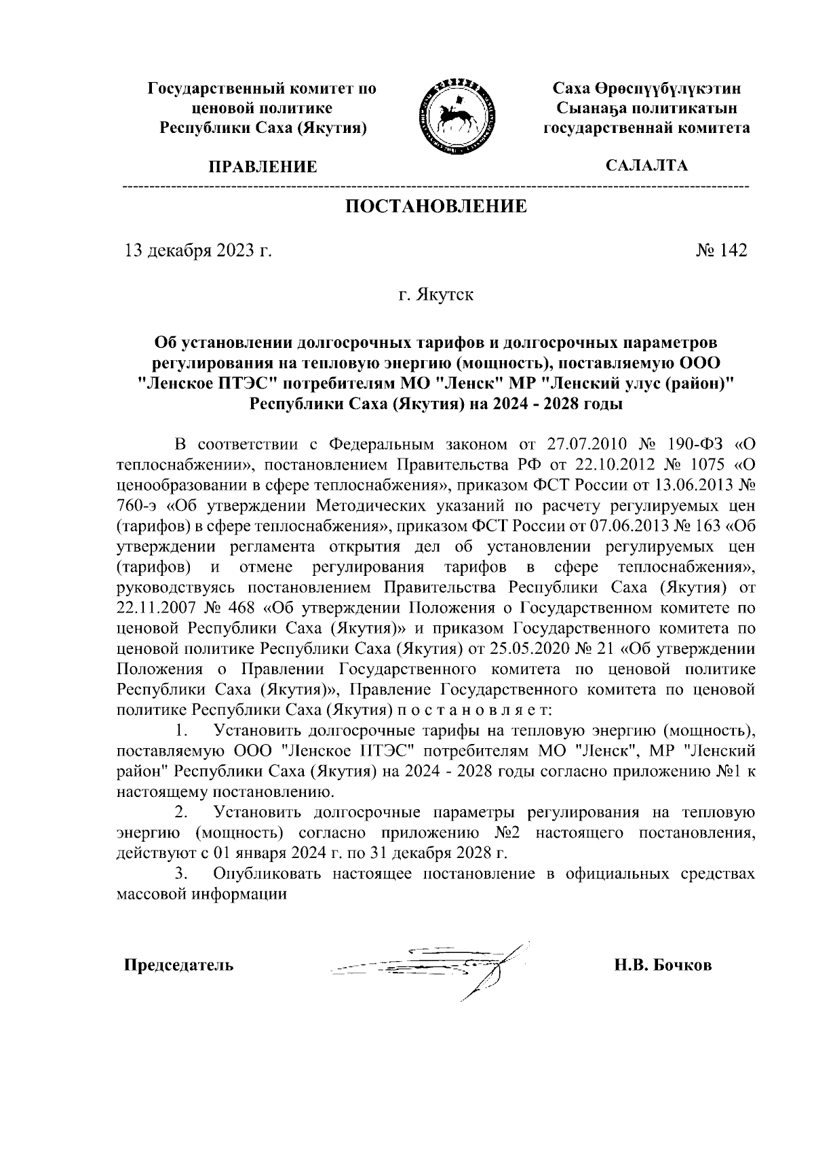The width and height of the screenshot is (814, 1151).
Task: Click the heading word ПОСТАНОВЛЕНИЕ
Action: click(x=436, y=206)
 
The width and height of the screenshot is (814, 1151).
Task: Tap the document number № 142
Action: click(x=721, y=251)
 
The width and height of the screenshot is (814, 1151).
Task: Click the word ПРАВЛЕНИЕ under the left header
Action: click(x=263, y=166)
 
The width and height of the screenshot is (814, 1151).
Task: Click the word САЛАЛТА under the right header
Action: click(x=646, y=165)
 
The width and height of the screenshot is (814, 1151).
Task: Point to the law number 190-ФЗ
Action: click(x=694, y=444)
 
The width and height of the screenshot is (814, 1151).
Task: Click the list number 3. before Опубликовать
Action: click(x=180, y=874)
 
